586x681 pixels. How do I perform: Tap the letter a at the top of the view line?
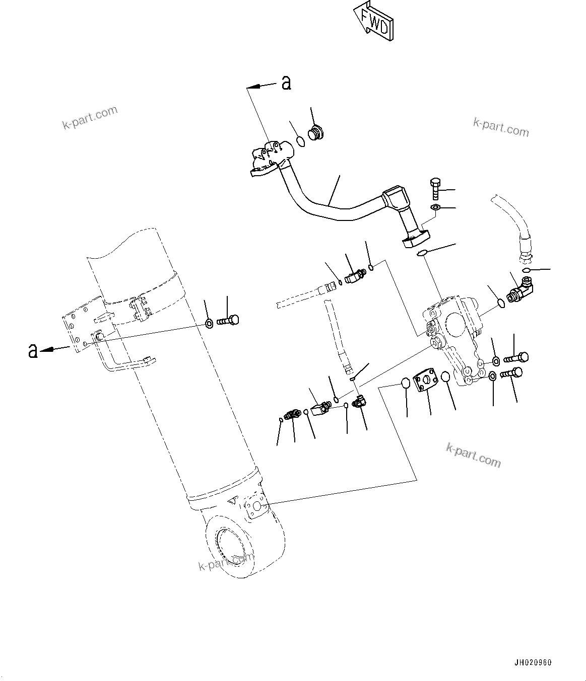pos(286,83)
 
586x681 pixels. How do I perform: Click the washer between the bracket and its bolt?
pos(209,323)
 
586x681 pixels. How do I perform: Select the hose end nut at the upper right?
pos(525,257)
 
